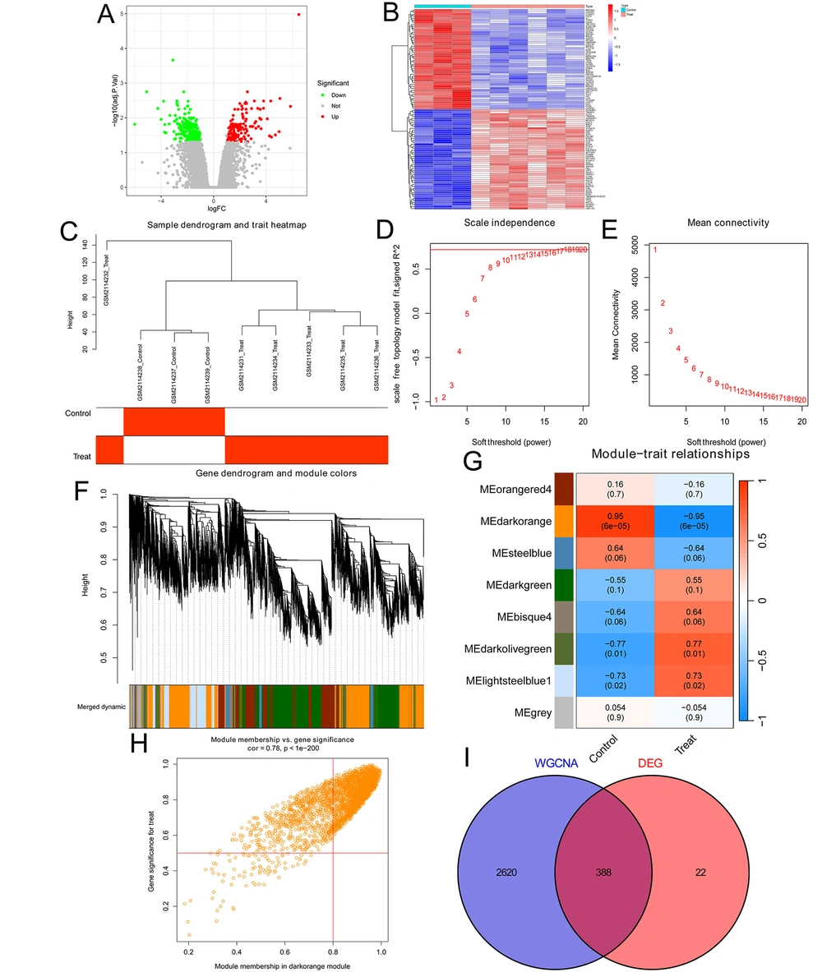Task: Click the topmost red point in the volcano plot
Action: pos(298,14)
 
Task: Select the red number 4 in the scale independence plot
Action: pos(459,352)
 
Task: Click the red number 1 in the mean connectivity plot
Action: pos(656,249)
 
